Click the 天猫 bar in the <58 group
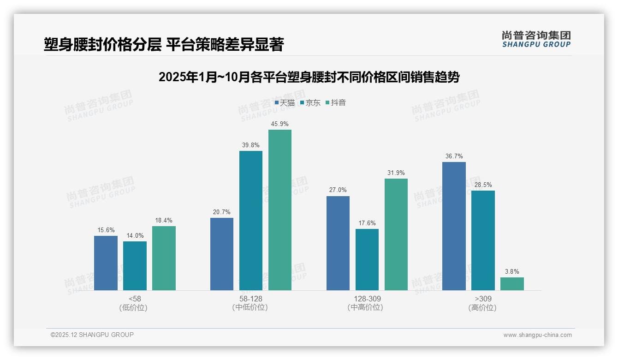click(106, 263)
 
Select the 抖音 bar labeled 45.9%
click(280, 210)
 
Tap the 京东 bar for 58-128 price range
click(251, 221)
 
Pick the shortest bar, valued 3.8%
click(512, 284)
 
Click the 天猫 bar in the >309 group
click(454, 226)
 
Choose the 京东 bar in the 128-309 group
click(367, 259)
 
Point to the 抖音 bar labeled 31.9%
click(396, 234)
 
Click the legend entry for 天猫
click(285, 103)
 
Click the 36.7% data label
click(454, 156)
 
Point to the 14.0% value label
click(135, 236)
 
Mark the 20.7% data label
click(222, 212)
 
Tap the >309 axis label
click(482, 299)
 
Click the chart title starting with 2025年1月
click(309, 77)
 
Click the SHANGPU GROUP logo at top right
click(536, 39)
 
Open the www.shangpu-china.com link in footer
click(537, 335)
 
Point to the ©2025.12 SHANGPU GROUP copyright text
click(92, 335)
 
